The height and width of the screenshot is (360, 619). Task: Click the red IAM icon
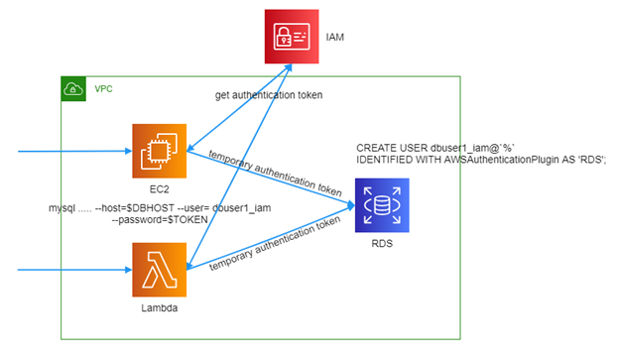(x=292, y=37)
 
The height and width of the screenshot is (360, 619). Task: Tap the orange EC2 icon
(x=159, y=151)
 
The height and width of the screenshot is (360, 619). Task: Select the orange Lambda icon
(x=159, y=270)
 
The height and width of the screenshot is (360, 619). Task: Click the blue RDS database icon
(x=382, y=205)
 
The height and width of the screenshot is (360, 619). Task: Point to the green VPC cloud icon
(x=73, y=89)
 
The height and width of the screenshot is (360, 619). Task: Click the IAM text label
(x=334, y=37)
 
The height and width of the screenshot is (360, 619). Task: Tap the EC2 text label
(x=159, y=189)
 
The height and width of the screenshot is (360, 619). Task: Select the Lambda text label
(x=159, y=307)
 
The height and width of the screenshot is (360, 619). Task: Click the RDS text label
(x=382, y=244)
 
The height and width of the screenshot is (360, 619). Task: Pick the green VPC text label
(x=103, y=89)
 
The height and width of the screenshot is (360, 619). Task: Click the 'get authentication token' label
(x=269, y=95)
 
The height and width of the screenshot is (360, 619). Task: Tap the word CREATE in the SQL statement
(x=376, y=148)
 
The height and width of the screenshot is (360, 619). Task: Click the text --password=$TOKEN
(x=160, y=219)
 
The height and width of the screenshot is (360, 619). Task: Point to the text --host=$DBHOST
(x=135, y=208)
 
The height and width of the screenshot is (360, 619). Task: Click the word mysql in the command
(x=62, y=208)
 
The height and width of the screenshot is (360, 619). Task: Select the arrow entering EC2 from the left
(x=75, y=151)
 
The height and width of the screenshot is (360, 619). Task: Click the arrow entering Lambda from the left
(x=75, y=270)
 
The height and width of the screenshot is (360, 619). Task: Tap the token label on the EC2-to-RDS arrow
(x=275, y=173)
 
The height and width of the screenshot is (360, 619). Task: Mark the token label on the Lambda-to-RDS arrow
(x=275, y=244)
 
